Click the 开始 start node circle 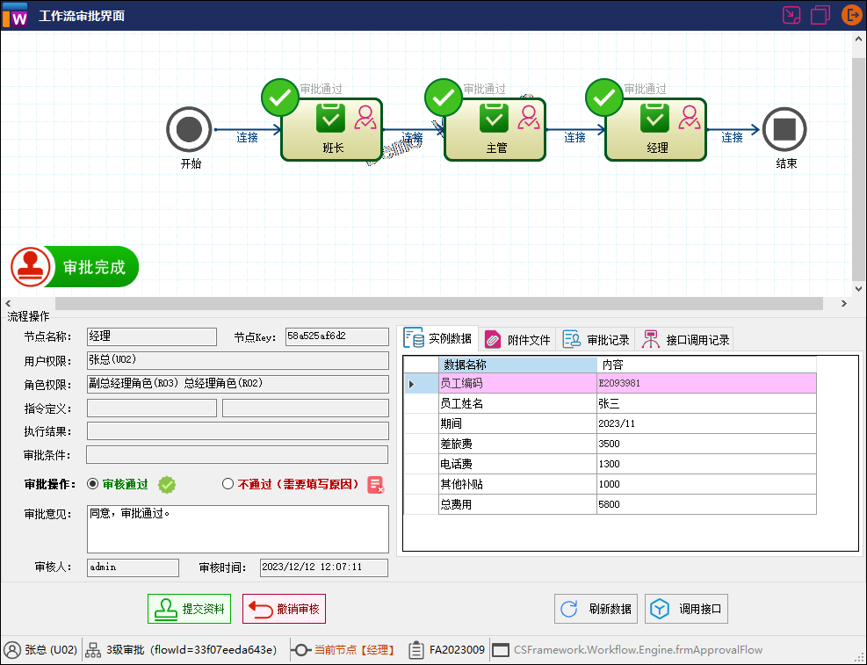tap(189, 130)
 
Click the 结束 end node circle tap(784, 130)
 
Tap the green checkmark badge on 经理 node tap(604, 98)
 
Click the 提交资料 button tap(189, 609)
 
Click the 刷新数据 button tap(595, 609)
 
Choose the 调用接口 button tap(686, 609)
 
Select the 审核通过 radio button tap(93, 484)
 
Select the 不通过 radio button tap(228, 484)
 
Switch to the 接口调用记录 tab tap(685, 339)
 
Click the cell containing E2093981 tap(706, 383)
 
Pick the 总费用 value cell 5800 tap(706, 504)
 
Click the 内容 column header tap(706, 364)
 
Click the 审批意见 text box tap(237, 528)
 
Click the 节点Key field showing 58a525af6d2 tap(336, 336)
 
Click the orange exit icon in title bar tap(851, 15)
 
